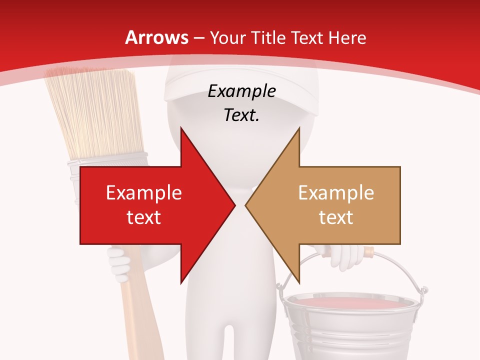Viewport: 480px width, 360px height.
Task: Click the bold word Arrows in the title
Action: point(156,37)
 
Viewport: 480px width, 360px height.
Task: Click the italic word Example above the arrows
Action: point(241,91)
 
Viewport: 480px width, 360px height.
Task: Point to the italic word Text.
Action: point(241,115)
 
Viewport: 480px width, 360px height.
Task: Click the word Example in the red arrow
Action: point(143,193)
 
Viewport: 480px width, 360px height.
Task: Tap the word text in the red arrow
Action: point(143,217)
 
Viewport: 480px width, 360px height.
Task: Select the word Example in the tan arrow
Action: point(336,193)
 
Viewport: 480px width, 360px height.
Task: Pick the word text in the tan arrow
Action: point(336,217)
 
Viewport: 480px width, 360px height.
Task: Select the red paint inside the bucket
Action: point(350,302)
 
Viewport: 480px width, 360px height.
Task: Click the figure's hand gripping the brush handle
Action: point(119,260)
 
